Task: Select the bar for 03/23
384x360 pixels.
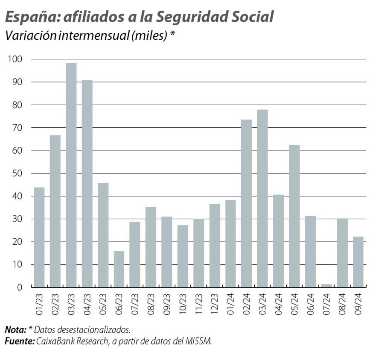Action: pos(71,175)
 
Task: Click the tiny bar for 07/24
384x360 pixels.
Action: pos(326,286)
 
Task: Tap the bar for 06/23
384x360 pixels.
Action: pos(119,269)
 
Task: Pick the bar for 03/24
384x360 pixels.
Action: pos(262,199)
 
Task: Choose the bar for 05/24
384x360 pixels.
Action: pos(294,216)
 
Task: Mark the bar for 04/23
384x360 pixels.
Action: pos(87,184)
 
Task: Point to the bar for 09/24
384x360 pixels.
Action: pos(358,262)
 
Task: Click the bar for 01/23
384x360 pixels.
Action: pos(39,237)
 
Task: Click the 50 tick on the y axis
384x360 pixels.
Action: pos(17,173)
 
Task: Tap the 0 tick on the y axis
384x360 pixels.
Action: pos(20,287)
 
